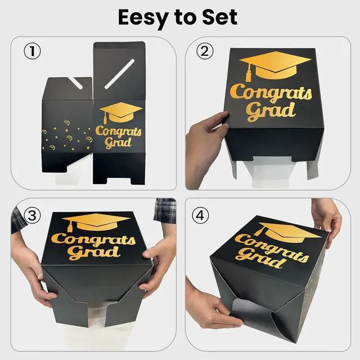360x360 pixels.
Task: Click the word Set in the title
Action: click(220, 17)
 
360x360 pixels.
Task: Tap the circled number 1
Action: click(33, 51)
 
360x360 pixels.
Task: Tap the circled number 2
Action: click(205, 51)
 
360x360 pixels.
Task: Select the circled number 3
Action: click(33, 215)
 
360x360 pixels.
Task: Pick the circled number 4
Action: click(200, 215)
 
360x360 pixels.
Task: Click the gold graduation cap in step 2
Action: click(275, 65)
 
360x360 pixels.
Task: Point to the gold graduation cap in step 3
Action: click(96, 223)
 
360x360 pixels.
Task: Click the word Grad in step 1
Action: click(118, 142)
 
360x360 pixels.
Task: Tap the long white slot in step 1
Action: click(119, 74)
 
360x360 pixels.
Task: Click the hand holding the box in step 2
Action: click(206, 147)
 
